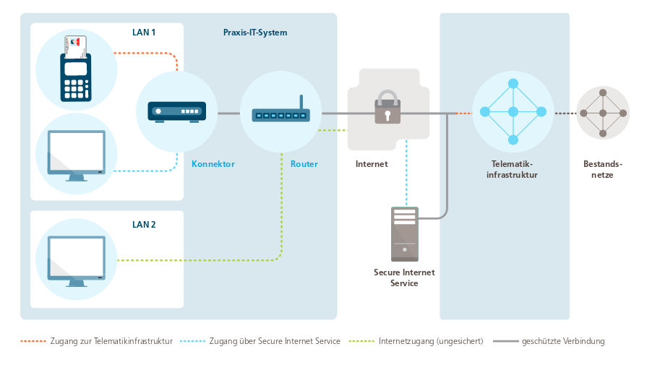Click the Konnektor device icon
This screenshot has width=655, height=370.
(x=177, y=112)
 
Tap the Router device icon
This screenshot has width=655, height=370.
(x=281, y=113)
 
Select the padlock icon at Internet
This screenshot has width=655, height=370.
(x=388, y=108)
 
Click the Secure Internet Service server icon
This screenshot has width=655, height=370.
(x=404, y=234)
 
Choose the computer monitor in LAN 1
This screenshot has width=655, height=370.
(x=76, y=153)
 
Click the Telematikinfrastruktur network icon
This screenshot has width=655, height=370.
(x=513, y=111)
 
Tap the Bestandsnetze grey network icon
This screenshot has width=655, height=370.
(x=602, y=113)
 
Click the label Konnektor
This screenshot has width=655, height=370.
(x=213, y=164)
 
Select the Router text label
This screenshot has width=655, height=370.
(x=304, y=164)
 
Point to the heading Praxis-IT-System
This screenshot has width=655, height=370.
(x=255, y=33)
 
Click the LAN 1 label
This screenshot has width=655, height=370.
(x=144, y=33)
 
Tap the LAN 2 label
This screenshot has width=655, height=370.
(x=144, y=225)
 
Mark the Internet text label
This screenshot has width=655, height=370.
(x=372, y=164)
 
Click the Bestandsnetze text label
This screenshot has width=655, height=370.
(x=603, y=169)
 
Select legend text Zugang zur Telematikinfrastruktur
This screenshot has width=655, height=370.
(x=111, y=341)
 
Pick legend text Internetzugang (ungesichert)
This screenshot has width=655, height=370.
(x=431, y=341)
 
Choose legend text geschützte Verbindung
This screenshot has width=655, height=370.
(x=563, y=341)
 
